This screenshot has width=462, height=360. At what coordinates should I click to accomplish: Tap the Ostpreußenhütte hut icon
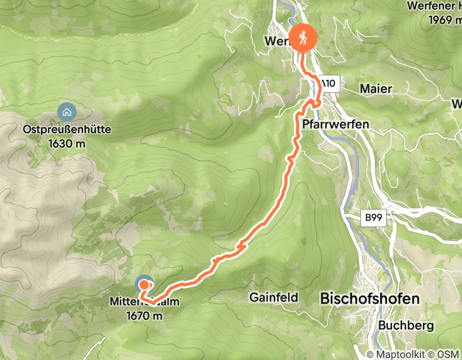click(66, 111)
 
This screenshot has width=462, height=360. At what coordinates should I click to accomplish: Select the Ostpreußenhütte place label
click(67, 131)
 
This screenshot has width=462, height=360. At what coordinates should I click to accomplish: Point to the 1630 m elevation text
click(67, 144)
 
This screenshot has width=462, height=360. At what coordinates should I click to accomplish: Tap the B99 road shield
click(375, 219)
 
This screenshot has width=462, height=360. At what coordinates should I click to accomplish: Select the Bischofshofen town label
click(369, 298)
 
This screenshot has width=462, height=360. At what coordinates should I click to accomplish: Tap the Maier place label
click(376, 89)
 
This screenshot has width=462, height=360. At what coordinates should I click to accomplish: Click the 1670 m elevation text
click(144, 315)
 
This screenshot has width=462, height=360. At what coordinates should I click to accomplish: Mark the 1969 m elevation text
click(445, 20)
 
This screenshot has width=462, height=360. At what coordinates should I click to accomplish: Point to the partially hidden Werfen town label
click(276, 41)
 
